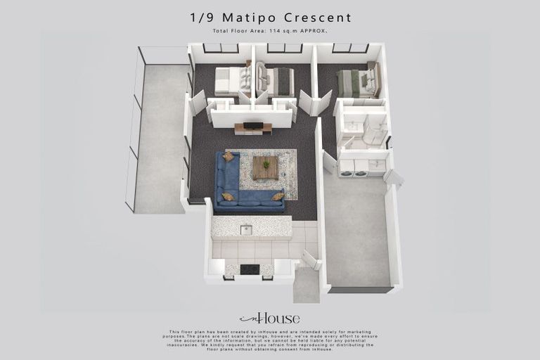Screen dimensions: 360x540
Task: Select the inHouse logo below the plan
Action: (269, 318)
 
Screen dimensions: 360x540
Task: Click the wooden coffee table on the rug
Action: (266, 167)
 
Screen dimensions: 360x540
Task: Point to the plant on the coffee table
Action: (266, 164)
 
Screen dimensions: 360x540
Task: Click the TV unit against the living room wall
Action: (252, 128)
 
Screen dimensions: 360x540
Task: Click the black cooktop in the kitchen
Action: (249, 269)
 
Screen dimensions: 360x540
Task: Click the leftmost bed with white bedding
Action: (231, 81)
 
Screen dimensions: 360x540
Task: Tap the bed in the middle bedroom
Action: (276, 81)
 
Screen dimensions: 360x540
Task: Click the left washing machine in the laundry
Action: (347, 168)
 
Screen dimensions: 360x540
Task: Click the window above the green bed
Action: (350, 49)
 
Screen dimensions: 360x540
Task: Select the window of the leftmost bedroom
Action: (221, 49)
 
